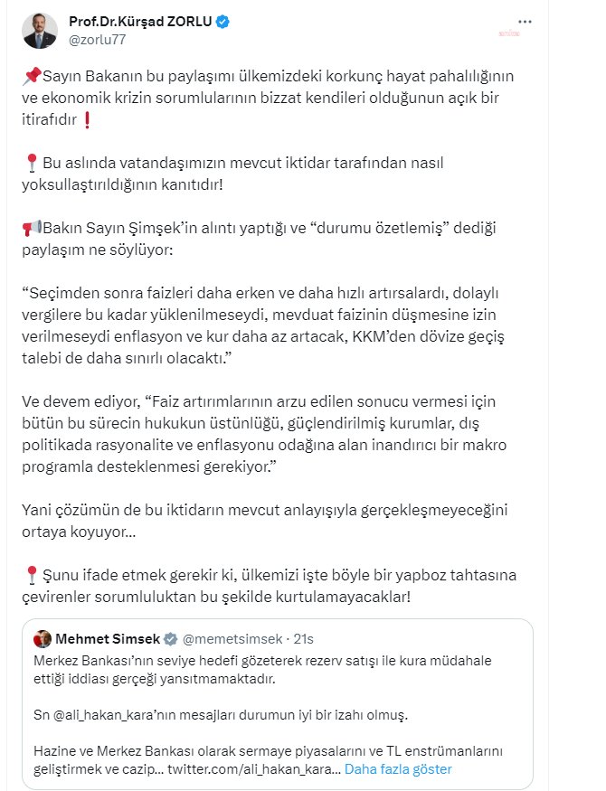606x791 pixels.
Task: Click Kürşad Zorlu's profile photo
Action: coord(41,29)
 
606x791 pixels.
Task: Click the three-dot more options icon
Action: coord(525,22)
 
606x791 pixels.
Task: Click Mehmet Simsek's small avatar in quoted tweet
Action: coord(43,639)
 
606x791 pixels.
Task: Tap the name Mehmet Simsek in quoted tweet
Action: coord(108,639)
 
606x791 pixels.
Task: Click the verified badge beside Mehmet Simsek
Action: coord(169,639)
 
